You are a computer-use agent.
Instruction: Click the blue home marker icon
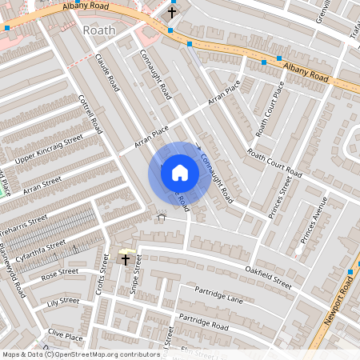pos(180,172)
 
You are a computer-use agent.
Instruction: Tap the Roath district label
pos(99,30)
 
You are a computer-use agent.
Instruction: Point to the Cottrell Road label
pos(92,113)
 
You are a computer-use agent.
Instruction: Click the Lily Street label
pos(63,302)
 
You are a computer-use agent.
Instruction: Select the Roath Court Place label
pos(270,109)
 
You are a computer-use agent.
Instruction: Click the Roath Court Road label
pos(274,163)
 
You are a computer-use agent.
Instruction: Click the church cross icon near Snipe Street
pos(125,259)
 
